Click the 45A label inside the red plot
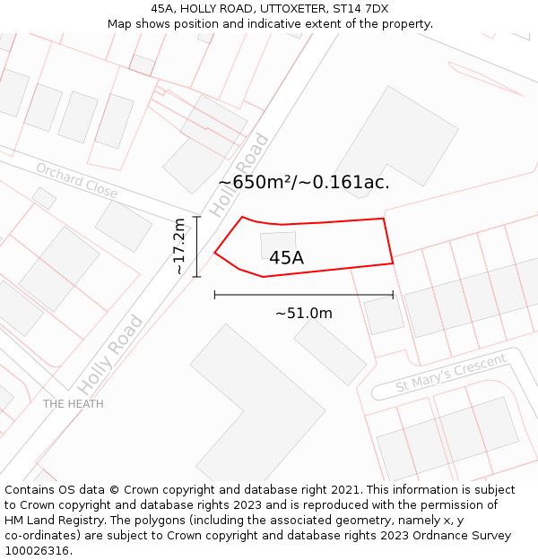[286, 258]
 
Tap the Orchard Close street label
[76, 180]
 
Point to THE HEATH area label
[73, 404]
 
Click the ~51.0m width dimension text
[303, 314]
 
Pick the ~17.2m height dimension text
[178, 246]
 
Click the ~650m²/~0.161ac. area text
[304, 183]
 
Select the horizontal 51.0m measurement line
[303, 295]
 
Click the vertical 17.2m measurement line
[196, 246]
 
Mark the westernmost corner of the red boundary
[215, 253]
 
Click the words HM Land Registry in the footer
[45, 520]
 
